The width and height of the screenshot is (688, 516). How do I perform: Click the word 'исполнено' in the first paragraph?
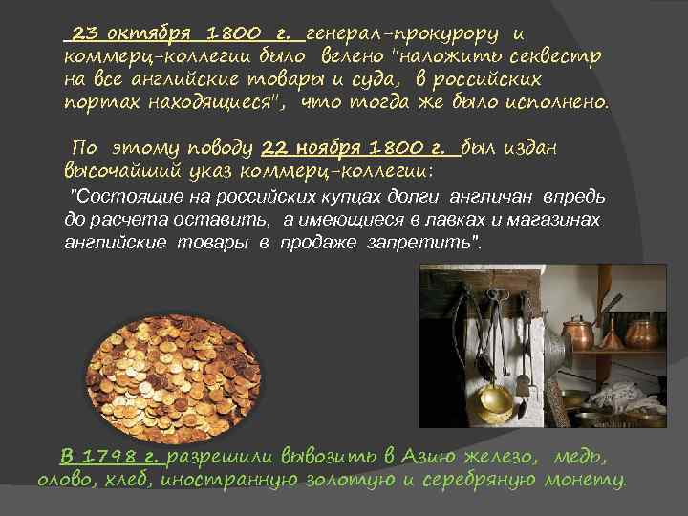[x=558, y=101]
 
